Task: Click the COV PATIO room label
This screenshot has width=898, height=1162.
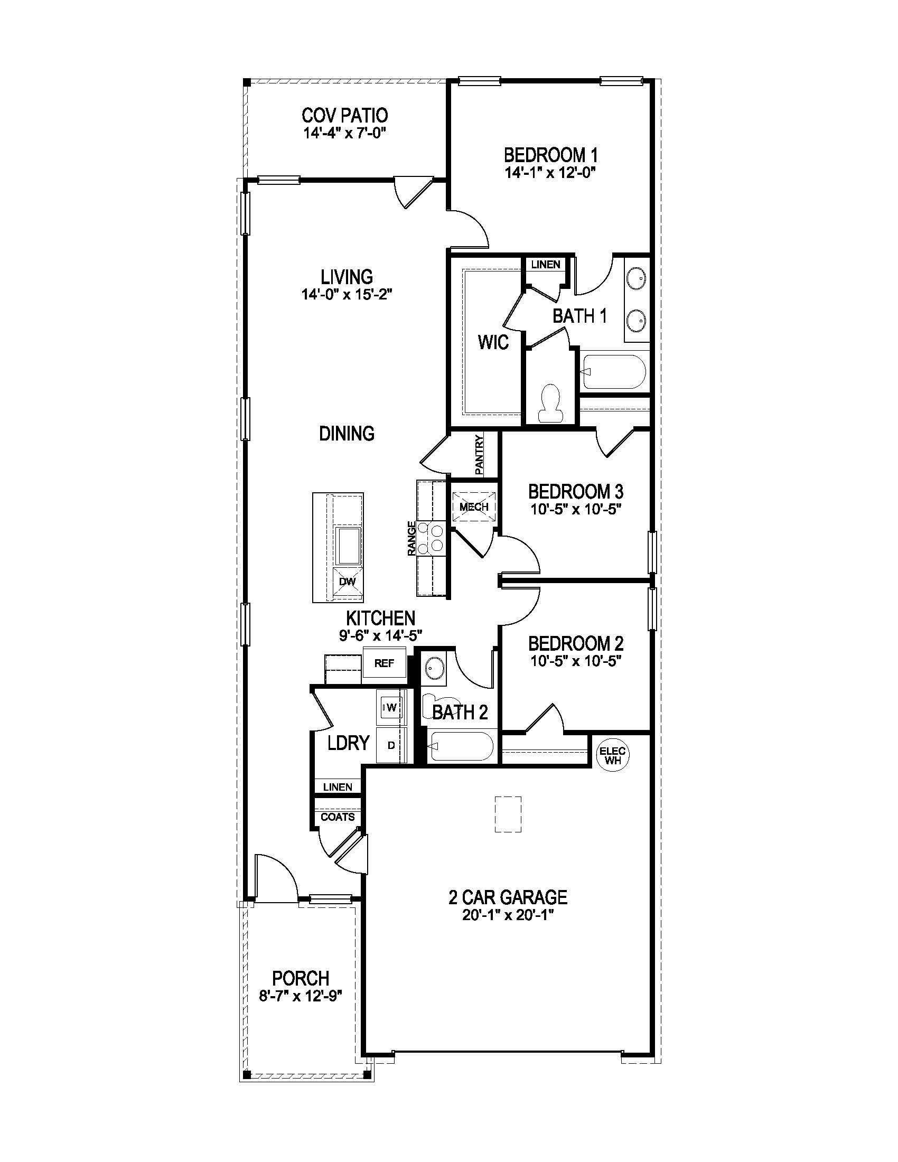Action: (344, 115)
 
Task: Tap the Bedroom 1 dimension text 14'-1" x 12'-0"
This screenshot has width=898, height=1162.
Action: (549, 172)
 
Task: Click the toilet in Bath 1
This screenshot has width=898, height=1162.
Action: (550, 403)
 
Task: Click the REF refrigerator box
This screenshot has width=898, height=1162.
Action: (384, 663)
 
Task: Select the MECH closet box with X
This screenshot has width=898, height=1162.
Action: (473, 507)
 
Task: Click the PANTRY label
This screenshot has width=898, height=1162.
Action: (479, 455)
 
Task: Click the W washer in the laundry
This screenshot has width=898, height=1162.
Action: (391, 707)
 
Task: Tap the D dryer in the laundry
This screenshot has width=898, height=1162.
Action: (391, 745)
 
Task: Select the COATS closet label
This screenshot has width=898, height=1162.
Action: (338, 817)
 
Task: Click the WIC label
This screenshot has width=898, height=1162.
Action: (493, 342)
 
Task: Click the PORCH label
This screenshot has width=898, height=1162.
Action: (301, 978)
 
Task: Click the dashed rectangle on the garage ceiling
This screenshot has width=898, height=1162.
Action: (508, 814)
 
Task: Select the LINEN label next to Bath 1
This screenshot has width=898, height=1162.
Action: (545, 265)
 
